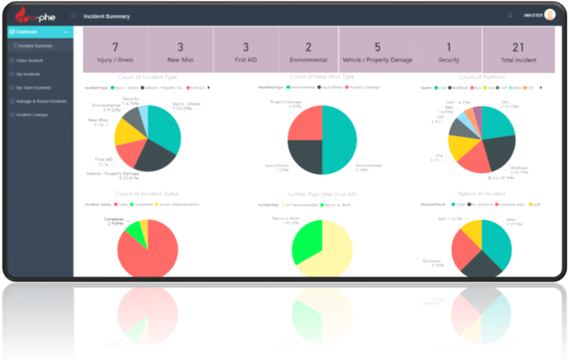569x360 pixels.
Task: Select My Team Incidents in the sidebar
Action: pyautogui.click(x=33, y=87)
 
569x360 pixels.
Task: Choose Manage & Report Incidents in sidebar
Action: pyautogui.click(x=41, y=101)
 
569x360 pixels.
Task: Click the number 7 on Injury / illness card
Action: pyautogui.click(x=115, y=47)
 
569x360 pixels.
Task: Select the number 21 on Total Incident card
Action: pyautogui.click(x=518, y=47)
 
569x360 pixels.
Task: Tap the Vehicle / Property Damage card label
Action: pyautogui.click(x=378, y=61)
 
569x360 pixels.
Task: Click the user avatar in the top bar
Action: pyautogui.click(x=549, y=15)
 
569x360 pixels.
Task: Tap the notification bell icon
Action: pyautogui.click(x=510, y=15)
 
